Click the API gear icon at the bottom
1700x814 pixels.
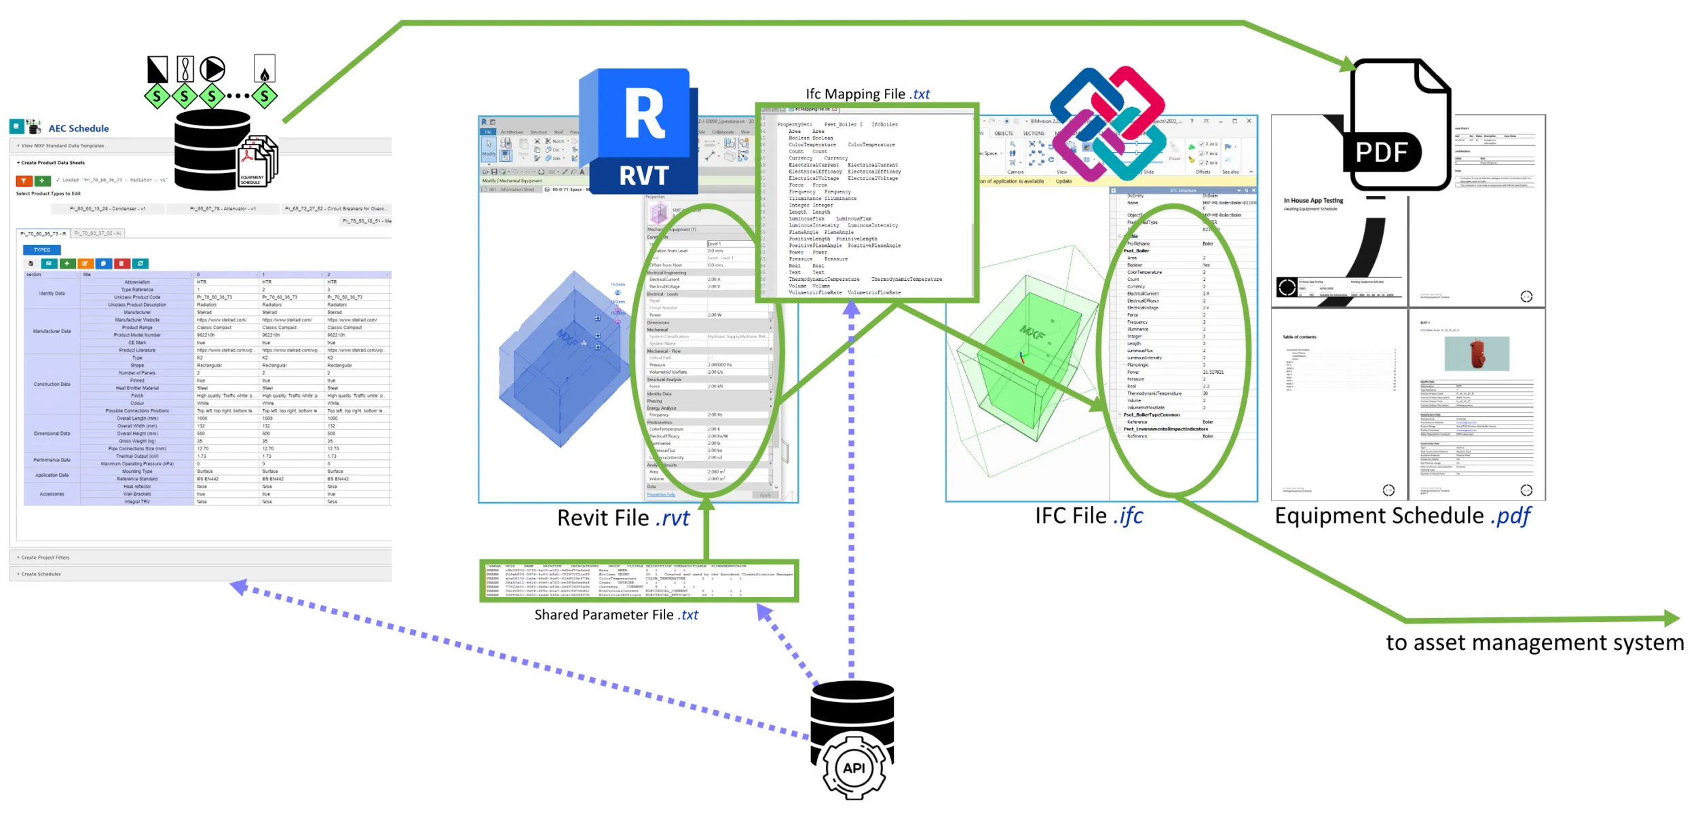[x=853, y=768]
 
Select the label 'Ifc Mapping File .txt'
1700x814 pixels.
[x=867, y=94]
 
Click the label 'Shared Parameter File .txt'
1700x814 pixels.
[x=616, y=615]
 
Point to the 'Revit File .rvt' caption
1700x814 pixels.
[x=622, y=518]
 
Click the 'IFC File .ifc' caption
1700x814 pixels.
[x=1088, y=516]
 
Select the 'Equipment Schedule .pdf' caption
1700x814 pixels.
[x=1402, y=516]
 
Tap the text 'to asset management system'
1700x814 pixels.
[x=1534, y=642]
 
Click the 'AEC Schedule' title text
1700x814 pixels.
[x=78, y=128]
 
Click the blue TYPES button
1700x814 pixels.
[x=41, y=250]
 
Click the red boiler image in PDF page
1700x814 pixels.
[x=1477, y=353]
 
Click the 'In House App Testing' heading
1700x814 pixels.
[x=1312, y=201]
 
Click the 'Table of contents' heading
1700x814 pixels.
[x=1299, y=337]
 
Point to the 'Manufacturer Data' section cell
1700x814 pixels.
[x=52, y=331]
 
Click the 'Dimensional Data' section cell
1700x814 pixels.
[x=52, y=433]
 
